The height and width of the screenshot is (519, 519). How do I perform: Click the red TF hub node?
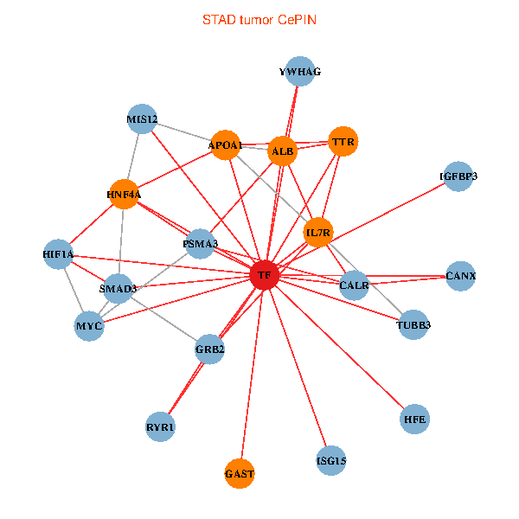point(264,276)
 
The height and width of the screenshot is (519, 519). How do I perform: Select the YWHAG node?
point(300,72)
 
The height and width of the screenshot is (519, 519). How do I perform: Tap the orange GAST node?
point(240,474)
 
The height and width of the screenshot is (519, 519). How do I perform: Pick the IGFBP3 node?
point(458,176)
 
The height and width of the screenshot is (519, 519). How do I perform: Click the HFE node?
point(415,420)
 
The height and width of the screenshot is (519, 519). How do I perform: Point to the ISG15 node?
point(331,461)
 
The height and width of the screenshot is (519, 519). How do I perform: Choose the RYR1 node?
point(160,427)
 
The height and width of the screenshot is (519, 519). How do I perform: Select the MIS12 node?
point(142,119)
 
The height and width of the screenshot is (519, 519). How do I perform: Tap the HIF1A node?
point(58,254)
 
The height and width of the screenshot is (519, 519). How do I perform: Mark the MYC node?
point(89,326)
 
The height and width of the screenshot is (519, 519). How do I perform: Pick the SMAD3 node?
point(118,288)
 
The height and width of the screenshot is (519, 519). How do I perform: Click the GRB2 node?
point(210,349)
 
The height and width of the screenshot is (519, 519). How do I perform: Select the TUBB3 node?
point(413,325)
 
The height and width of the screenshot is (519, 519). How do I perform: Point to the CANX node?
point(461,276)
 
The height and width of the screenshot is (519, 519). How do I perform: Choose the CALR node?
point(355,285)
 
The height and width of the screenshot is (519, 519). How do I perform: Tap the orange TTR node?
point(343,141)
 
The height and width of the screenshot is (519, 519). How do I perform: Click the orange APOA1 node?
point(226,145)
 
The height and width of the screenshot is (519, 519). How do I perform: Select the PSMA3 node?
point(201,244)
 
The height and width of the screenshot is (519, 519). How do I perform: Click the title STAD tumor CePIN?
point(259,19)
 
